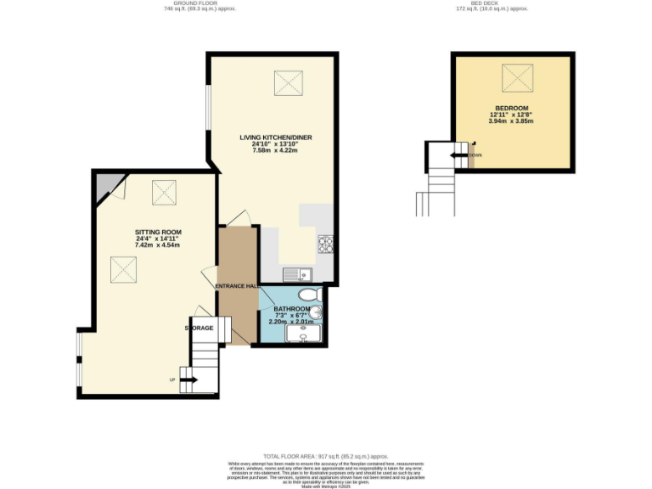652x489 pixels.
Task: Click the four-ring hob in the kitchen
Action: pos(325,244)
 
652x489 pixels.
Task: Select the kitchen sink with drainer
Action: pos(298,273)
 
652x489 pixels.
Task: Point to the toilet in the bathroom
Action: pos(313,294)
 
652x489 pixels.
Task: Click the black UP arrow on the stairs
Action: pos(188,379)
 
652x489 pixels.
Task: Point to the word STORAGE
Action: pos(200,327)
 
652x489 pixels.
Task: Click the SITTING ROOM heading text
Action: pos(158,233)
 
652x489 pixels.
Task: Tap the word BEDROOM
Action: pos(512,108)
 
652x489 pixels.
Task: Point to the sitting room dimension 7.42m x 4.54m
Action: pos(158,246)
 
